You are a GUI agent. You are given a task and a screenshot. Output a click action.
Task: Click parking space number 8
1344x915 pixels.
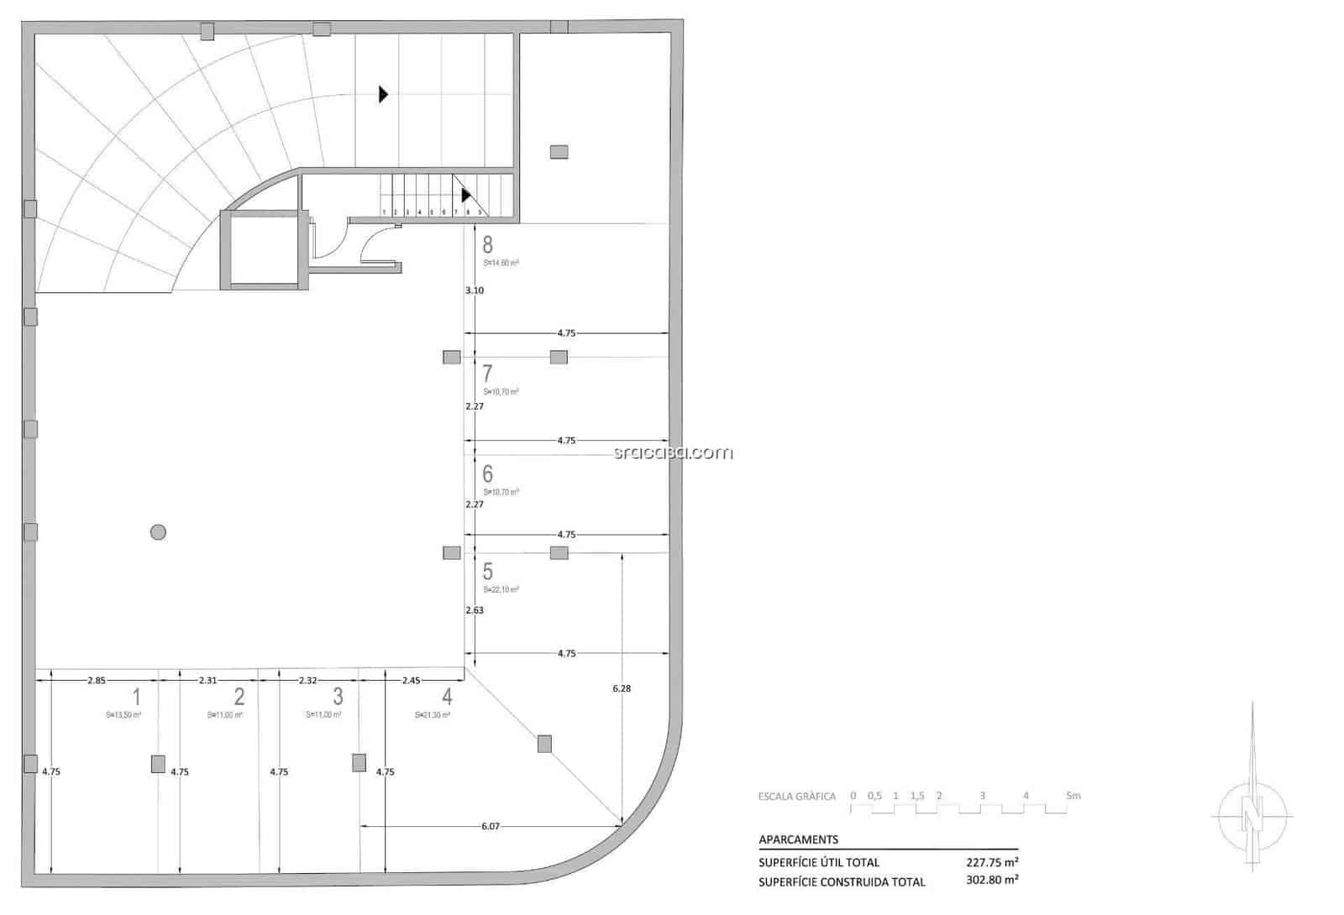click(x=487, y=245)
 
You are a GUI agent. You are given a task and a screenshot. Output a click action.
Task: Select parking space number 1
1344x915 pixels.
click(x=136, y=696)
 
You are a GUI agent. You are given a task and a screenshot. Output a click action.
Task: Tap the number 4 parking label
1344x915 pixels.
click(x=447, y=696)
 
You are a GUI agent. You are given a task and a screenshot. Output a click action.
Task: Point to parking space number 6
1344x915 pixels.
click(x=487, y=474)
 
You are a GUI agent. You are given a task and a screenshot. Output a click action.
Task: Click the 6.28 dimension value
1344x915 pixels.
click(x=622, y=688)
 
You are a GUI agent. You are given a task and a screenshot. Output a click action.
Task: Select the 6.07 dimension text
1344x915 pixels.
click(x=491, y=827)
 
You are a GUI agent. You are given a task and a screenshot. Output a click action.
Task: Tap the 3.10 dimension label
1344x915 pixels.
click(x=475, y=290)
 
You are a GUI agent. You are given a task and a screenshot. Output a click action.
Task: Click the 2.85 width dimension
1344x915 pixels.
click(x=96, y=681)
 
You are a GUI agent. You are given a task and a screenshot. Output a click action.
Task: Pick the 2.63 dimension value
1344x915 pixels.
click(x=475, y=610)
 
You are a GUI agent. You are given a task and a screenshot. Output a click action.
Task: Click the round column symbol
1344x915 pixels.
click(x=158, y=531)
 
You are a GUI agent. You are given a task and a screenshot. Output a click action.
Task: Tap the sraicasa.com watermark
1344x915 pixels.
click(x=673, y=453)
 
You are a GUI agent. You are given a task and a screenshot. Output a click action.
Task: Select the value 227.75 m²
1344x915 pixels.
click(x=992, y=862)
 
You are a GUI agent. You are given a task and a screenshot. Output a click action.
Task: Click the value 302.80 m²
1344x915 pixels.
click(x=992, y=881)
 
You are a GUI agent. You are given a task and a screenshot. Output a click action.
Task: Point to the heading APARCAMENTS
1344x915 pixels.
click(x=798, y=839)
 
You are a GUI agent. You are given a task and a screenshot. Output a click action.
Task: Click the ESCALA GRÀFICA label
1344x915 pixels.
click(x=797, y=797)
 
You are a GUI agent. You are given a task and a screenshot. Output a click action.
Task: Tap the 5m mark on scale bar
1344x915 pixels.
click(x=1073, y=796)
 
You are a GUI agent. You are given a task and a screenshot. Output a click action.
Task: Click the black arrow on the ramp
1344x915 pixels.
click(x=383, y=94)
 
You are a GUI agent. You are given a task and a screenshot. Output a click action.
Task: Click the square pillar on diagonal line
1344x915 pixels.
click(x=544, y=744)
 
